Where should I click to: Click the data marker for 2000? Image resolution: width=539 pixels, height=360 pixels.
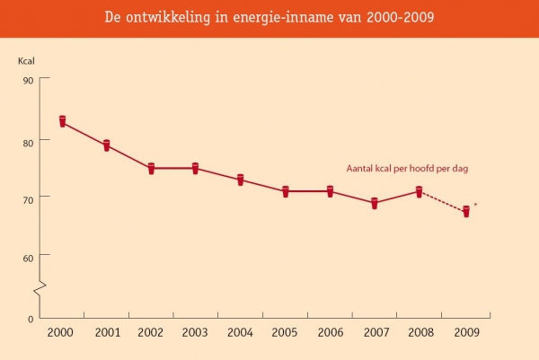coord(63,121)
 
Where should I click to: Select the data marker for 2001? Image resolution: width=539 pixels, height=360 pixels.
coord(106,145)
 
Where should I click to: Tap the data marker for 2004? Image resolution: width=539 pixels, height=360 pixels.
coord(241,180)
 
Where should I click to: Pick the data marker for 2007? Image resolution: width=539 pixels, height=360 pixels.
coord(375,203)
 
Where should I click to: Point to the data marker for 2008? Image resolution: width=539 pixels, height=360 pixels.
coord(419,190)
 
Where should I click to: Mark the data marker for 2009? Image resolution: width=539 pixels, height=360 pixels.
coord(466,211)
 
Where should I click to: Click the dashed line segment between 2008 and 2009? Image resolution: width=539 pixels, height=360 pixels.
coord(442,201)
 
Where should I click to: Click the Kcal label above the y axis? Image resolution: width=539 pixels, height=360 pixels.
coord(27,61)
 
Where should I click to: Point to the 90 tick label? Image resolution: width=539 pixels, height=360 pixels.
coord(28,80)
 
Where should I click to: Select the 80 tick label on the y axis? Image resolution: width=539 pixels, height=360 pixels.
coord(28,141)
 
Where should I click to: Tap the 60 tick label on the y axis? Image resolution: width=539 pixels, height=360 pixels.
coord(28,257)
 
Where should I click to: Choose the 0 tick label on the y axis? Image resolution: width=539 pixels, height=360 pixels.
coord(31,319)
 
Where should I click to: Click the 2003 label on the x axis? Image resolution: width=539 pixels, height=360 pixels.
coord(195,331)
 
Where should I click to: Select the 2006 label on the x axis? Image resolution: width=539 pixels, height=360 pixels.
coord(330,331)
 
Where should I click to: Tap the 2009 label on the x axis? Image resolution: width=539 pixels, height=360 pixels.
coord(465,331)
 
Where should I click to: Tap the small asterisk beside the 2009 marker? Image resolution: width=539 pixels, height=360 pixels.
coord(475,205)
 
